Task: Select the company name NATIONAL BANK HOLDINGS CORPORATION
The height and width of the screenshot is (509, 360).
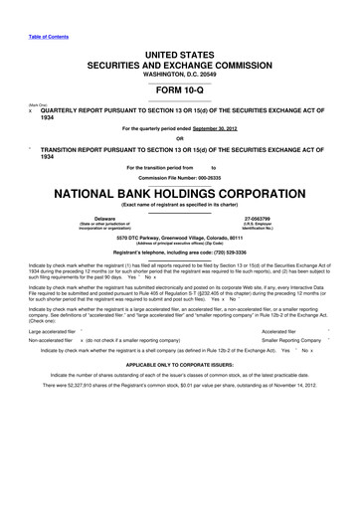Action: [x=180, y=192]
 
